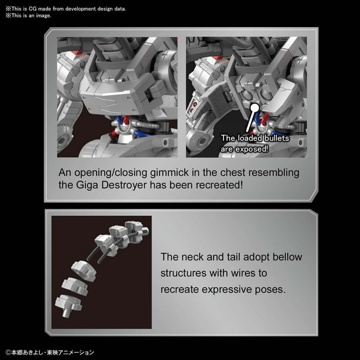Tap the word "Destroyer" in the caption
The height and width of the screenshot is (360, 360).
click(x=124, y=185)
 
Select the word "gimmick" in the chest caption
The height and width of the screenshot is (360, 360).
click(x=169, y=173)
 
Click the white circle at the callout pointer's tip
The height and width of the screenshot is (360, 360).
click(x=254, y=108)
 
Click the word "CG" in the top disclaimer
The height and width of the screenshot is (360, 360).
click(x=32, y=9)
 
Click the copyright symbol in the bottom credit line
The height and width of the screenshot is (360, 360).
click(x=8, y=352)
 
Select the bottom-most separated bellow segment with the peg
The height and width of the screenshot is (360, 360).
click(x=68, y=305)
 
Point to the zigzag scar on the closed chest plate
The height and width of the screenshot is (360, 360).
click(x=105, y=105)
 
